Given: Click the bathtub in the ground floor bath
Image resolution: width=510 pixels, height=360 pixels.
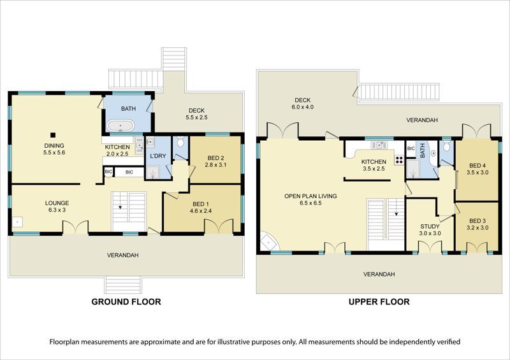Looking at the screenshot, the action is (x=120, y=126).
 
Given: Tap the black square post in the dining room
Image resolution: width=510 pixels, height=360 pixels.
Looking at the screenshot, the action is (x=53, y=135).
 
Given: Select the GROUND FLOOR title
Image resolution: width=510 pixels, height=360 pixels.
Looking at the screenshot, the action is (x=126, y=302).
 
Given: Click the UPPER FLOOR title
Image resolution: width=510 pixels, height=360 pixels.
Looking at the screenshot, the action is (x=379, y=302).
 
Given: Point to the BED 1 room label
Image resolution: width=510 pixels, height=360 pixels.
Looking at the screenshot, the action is (x=201, y=204).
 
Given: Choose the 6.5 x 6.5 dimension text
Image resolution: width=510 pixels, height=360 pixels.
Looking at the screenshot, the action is (x=310, y=203).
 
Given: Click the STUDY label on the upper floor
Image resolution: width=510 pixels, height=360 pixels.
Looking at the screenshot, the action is (x=430, y=226).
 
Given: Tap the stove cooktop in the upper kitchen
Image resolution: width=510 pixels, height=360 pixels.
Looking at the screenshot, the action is (x=399, y=160).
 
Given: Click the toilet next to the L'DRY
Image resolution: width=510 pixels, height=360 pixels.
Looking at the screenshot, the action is (x=180, y=141).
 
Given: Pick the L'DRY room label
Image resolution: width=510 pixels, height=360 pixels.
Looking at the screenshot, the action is (x=158, y=156).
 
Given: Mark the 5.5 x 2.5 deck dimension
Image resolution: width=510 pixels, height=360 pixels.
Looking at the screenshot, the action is (x=196, y=117).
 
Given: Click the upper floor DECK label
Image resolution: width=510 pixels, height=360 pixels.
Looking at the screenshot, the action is (x=302, y=100).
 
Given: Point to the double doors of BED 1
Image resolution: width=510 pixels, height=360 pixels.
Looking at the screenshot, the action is (x=219, y=227).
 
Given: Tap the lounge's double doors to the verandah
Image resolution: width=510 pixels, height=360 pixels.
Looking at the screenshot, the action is (x=75, y=227).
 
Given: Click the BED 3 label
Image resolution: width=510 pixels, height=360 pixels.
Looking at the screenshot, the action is (x=477, y=221).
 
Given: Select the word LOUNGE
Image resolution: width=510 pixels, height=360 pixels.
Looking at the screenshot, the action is (x=57, y=203).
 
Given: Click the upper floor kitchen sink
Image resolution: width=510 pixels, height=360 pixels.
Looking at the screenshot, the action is (x=379, y=145).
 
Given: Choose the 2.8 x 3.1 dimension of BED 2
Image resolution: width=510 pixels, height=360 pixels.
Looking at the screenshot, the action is (x=215, y=165).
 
